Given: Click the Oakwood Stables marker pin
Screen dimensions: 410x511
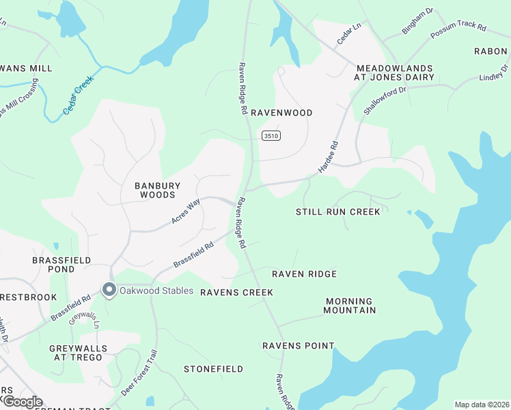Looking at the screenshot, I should point(109,290).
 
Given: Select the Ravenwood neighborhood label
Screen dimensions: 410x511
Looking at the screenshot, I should point(281,113).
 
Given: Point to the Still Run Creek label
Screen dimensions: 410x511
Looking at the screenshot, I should point(337,212).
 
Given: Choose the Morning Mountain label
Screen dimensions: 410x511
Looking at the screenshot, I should point(350,305).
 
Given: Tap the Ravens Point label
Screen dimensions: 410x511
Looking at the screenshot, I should point(299,346).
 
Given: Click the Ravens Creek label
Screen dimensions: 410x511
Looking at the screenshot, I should point(236,292).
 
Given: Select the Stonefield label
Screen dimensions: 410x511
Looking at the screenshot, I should point(213,369).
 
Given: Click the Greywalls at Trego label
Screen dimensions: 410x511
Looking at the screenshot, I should point(79,353).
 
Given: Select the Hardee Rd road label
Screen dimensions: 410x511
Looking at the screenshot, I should point(329,156).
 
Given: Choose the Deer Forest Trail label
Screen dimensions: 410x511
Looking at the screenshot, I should point(139,374).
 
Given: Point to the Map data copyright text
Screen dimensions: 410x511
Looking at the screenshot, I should point(481,405).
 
